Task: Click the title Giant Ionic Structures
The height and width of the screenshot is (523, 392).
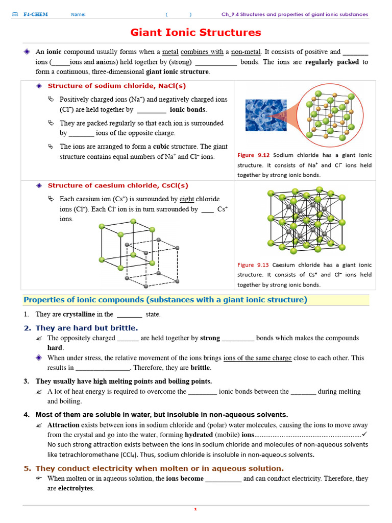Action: [195, 33]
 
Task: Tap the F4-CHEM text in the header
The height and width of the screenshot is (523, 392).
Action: [35, 14]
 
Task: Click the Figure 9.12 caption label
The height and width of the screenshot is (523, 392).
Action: [253, 155]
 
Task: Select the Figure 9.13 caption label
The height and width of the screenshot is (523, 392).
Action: [253, 265]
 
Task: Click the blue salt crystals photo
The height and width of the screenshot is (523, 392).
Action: [266, 115]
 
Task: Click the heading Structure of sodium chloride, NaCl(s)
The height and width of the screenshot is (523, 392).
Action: [117, 86]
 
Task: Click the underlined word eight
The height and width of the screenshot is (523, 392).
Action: [187, 199]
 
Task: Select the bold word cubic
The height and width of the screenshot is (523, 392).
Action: [161, 147]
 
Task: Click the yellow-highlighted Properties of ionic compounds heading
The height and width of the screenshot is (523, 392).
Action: [165, 300]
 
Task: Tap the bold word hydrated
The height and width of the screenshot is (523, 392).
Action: [199, 435]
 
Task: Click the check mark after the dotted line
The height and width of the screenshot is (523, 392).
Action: [364, 434]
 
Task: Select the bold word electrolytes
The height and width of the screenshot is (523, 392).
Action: [76, 488]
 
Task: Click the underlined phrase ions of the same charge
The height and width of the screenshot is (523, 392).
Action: [257, 358]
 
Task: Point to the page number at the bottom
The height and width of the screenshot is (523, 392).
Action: [195, 509]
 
